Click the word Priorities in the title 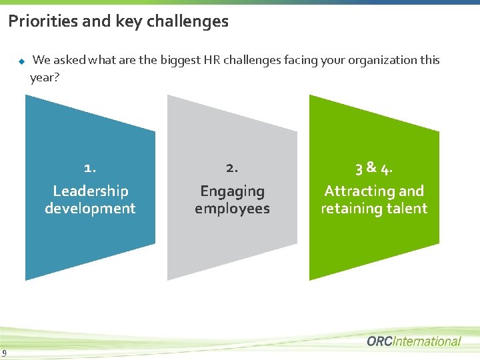41,21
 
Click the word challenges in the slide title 187,21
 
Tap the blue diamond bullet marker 21,61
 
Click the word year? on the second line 45,78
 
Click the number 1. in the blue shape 90,168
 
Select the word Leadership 90,191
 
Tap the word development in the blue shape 90,209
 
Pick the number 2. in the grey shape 232,168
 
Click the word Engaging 232,192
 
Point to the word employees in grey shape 232,209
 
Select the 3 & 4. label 374,168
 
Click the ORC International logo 413,341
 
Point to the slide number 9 5,353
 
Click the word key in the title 129,21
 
